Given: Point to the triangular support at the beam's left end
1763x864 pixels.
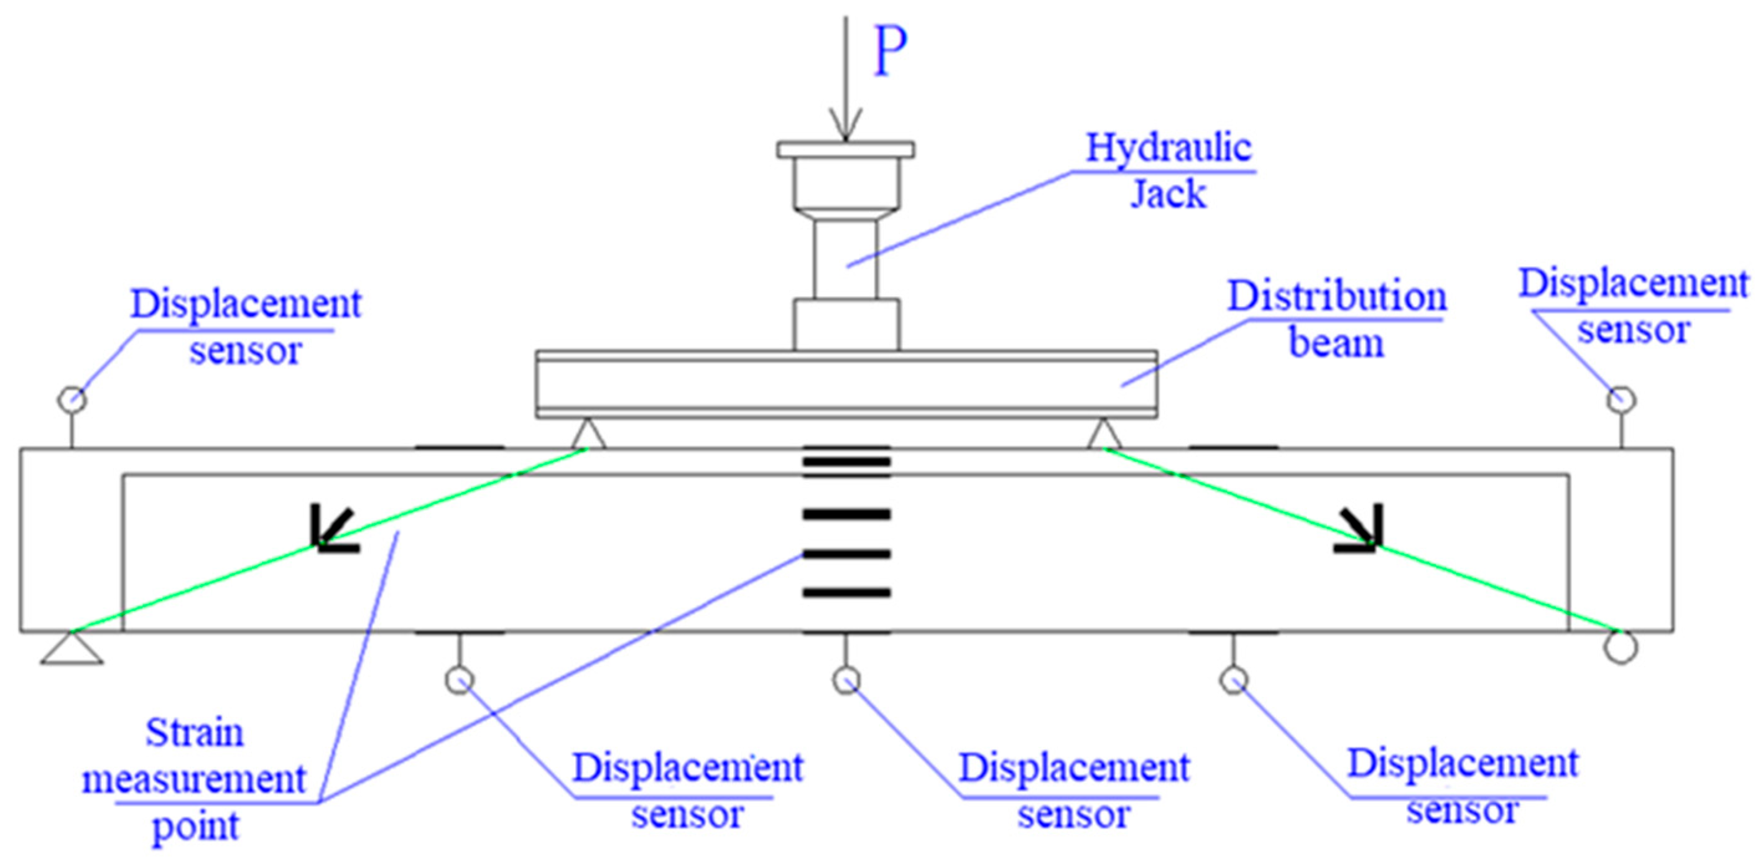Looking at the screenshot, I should click(72, 649).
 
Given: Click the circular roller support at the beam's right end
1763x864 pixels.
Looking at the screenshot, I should click(1621, 647).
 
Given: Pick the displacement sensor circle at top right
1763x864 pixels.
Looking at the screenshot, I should click(1621, 399).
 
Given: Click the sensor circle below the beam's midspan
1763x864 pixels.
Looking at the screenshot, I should click(846, 680).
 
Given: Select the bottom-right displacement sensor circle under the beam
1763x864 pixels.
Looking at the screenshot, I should click(1234, 680).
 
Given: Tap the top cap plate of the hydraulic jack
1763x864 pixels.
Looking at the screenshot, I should click(846, 149).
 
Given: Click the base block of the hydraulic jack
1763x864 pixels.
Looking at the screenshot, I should click(846, 325).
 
